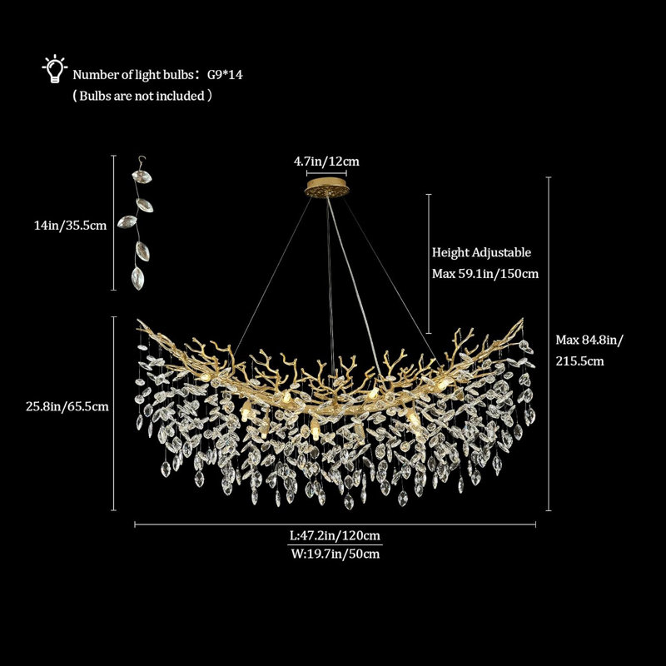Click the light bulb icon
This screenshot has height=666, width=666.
coord(54,68)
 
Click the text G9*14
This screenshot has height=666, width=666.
coord(225,75)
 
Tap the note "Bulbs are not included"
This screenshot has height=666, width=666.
coord(142,96)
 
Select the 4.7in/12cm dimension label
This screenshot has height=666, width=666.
coord(326,162)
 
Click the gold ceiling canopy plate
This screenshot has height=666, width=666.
coord(326,188)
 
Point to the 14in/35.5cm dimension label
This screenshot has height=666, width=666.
coord(70,225)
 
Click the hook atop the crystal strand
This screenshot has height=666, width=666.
coord(142,162)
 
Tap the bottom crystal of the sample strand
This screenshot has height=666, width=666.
coord(137,278)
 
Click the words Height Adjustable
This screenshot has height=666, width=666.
coord(481,252)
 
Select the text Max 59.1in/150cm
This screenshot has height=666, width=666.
coord(485,274)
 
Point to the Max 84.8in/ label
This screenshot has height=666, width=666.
coord(589,340)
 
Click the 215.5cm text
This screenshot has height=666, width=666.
coord(579,361)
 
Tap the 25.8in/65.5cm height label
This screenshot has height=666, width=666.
coord(67,406)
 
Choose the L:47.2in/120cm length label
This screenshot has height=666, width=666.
coord(335,535)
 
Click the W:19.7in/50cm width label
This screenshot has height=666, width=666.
coord(335,554)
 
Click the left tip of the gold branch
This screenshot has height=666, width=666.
coord(137,321)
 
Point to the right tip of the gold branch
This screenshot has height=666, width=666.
coord(522,319)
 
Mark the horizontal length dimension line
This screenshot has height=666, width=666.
coord(335,525)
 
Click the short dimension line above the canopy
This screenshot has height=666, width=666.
coord(326,173)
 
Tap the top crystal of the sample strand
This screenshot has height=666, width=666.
coord(142,176)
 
